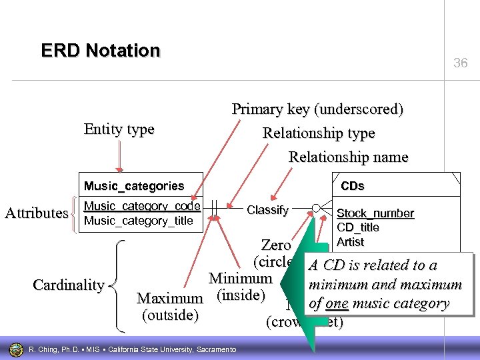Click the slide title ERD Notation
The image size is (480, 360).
[x=101, y=51]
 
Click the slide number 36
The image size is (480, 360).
[x=461, y=63]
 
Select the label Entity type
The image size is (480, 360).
[x=119, y=129]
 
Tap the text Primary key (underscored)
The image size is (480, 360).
[x=317, y=109]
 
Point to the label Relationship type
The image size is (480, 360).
[x=319, y=133]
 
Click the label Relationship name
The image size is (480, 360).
[x=348, y=157]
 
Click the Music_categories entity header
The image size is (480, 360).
[x=133, y=186]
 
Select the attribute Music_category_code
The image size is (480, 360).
[x=142, y=207]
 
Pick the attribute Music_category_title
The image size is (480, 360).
[x=138, y=221]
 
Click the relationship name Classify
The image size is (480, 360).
[x=267, y=210]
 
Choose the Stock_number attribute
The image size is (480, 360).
[x=375, y=213]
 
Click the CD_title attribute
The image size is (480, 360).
[x=358, y=227]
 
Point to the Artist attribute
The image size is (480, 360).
[x=350, y=241]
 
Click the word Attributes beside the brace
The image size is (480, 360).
[x=37, y=213]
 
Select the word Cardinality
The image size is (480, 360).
[x=69, y=285]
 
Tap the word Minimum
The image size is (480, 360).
[x=240, y=278]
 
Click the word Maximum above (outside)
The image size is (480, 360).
[x=169, y=298]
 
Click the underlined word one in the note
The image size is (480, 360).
[x=337, y=304]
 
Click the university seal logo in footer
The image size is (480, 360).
[x=16, y=349]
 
